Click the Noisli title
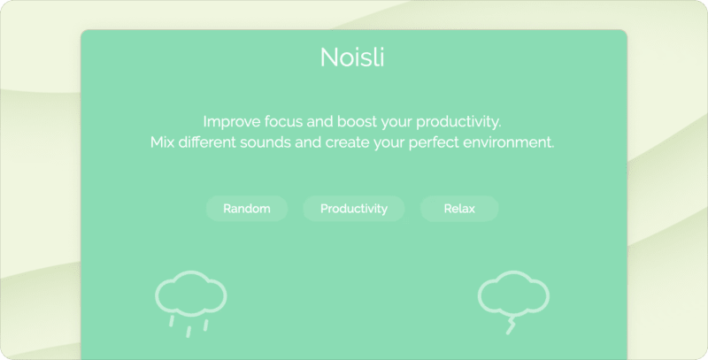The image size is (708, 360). [353, 58]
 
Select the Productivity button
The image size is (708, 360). [353, 209]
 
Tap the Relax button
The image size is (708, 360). [459, 209]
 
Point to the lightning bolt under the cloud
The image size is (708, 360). [511, 325]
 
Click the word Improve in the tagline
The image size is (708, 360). [229, 121]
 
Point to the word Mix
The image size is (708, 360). [163, 142]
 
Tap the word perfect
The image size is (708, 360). [434, 142]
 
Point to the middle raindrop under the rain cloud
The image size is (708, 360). [189, 330]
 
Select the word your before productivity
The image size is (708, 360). [398, 122]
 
